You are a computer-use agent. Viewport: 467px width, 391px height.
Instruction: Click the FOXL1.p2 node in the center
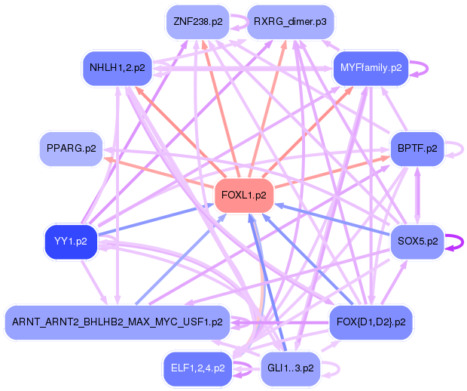coord(244,195)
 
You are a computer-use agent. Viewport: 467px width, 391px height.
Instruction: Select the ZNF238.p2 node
coord(197,21)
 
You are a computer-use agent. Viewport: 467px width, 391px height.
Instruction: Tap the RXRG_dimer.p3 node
coord(290,21)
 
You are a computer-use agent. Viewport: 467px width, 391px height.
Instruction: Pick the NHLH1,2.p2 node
coord(117,68)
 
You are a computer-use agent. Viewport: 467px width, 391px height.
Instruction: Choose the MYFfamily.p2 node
coord(371,68)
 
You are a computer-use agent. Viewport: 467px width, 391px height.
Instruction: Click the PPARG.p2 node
coord(71,149)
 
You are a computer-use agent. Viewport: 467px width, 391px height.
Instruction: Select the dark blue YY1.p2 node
coord(71,242)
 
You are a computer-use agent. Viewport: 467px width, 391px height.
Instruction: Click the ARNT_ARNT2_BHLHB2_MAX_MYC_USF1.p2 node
coord(117,322)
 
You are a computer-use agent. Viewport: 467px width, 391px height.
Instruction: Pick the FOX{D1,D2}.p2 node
coord(371,322)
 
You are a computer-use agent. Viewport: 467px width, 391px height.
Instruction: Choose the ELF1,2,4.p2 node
coord(197,369)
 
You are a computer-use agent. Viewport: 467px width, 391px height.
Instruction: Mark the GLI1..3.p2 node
coord(290,369)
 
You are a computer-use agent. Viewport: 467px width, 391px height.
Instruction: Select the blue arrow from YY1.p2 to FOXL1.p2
coord(158,219)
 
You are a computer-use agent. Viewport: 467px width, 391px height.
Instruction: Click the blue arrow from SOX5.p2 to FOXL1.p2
coord(331,219)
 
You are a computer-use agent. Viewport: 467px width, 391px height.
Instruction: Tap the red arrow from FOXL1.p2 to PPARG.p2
coord(158,173)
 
